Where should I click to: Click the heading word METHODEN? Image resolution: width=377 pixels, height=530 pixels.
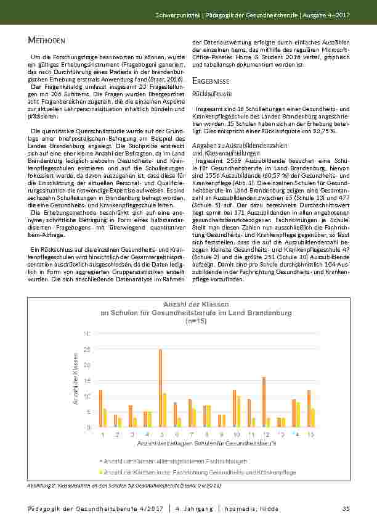pyautogui.click(x=47, y=41)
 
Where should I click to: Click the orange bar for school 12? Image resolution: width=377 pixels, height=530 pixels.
pyautogui.click(x=264, y=402)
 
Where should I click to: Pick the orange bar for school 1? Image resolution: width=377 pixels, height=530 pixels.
pyautogui.click(x=100, y=408)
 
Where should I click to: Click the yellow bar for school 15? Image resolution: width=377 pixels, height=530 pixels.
pyautogui.click(x=313, y=418)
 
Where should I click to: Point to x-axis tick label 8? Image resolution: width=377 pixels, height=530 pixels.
pyautogui.click(x=208, y=434)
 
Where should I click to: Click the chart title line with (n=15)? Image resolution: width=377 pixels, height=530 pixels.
pyautogui.click(x=196, y=321)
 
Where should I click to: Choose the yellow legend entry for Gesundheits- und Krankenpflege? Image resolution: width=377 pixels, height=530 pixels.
pyautogui.click(x=199, y=472)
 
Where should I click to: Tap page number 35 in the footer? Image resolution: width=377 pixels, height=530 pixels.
pyautogui.click(x=346, y=508)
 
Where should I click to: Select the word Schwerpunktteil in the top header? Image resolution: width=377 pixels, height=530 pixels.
pyautogui.click(x=176, y=14)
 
